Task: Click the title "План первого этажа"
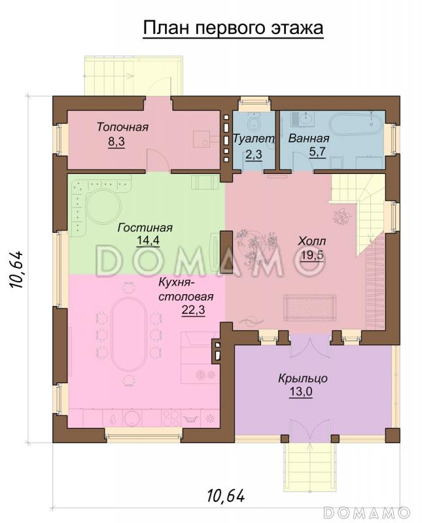coord(233,28)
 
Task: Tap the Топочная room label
coord(122,127)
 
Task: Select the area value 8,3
coord(116,142)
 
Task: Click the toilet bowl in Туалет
coord(255,124)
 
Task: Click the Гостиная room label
coord(145,228)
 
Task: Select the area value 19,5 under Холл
coord(312,255)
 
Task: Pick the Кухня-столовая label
coord(186,290)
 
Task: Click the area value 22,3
coord(193,310)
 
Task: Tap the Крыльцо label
coord(303,379)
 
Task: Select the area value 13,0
coord(301,392)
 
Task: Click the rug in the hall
coord(309,308)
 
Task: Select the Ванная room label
coord(309,138)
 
